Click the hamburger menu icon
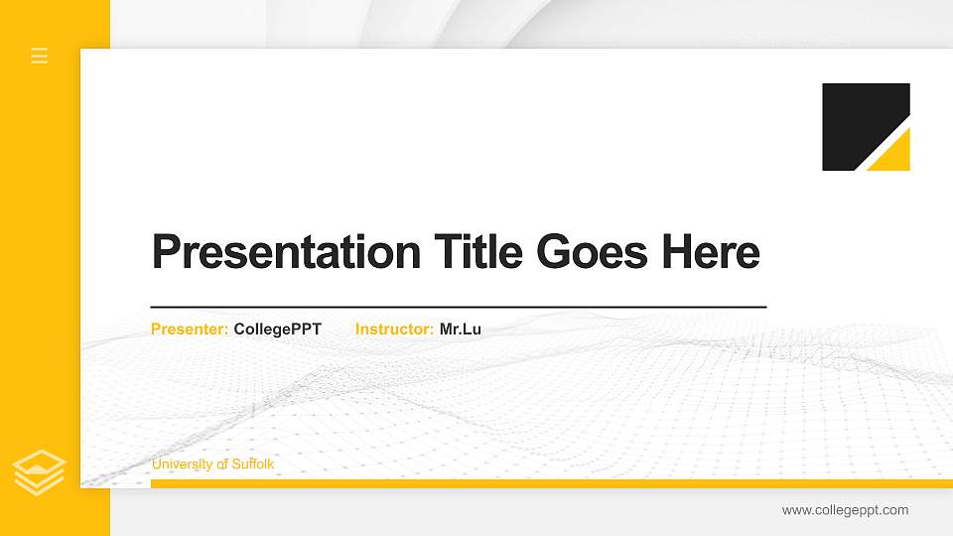click(x=40, y=56)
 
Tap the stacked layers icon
click(x=40, y=472)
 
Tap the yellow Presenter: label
click(x=190, y=329)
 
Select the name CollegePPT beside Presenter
click(x=278, y=329)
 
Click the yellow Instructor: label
click(x=394, y=329)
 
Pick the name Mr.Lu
click(x=461, y=329)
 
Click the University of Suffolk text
click(x=212, y=465)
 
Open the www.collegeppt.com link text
click(x=845, y=510)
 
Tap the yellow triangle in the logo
click(x=894, y=157)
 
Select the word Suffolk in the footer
click(x=253, y=465)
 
